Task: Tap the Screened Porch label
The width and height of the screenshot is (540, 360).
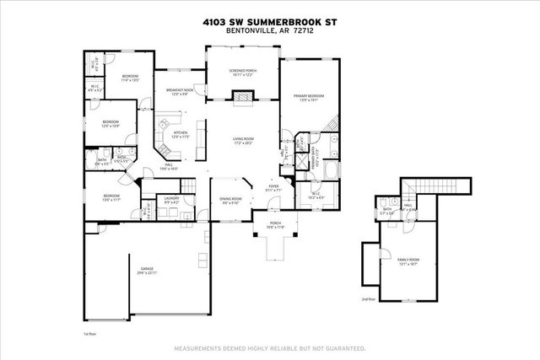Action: (243, 73)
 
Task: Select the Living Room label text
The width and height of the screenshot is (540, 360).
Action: (243, 142)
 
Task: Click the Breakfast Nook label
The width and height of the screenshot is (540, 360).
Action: (181, 92)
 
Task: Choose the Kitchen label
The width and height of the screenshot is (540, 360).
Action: (181, 134)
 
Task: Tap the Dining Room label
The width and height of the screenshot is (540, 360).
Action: (231, 201)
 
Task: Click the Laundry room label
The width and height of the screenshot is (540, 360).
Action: (171, 201)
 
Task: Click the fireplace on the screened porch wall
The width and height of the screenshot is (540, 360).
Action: (243, 98)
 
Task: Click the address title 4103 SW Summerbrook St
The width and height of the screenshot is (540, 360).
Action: (269, 23)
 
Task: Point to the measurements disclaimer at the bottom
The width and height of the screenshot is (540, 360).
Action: (269, 347)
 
